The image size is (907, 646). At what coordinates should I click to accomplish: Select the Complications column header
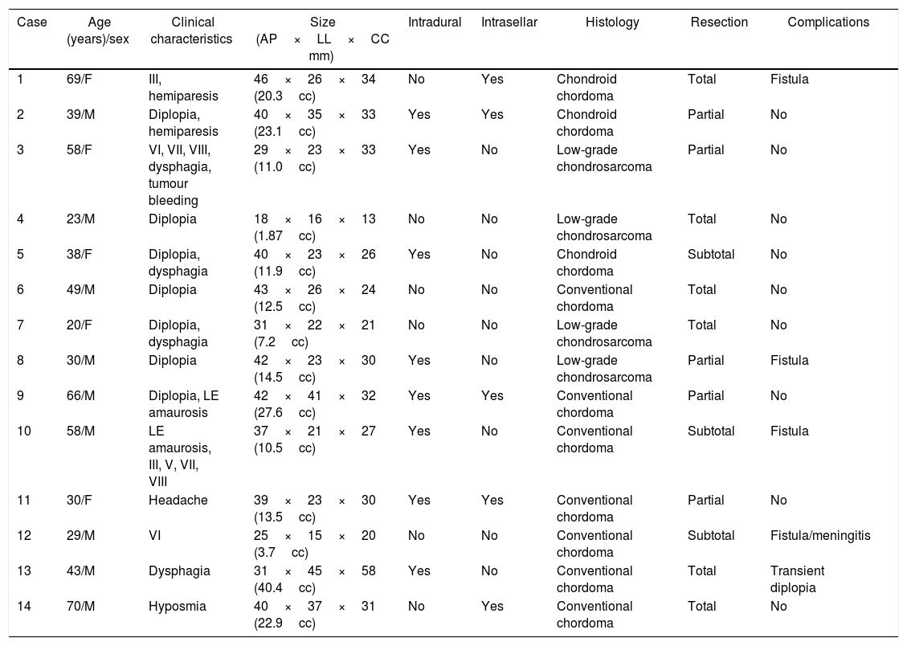(x=827, y=22)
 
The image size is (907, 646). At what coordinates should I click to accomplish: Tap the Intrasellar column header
(x=509, y=22)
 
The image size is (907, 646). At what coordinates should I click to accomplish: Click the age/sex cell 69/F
(x=80, y=80)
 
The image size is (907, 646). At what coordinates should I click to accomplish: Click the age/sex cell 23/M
(x=80, y=219)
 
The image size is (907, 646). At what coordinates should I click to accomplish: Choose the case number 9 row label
(x=21, y=396)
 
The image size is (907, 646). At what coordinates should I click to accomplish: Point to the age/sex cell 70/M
(x=80, y=607)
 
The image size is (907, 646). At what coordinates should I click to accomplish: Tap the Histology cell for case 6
(x=594, y=298)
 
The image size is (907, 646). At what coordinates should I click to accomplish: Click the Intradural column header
(x=435, y=22)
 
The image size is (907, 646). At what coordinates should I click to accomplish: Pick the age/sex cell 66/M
(x=80, y=396)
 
